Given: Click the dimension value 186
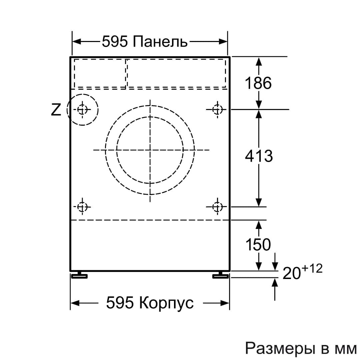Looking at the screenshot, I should [x=258, y=83].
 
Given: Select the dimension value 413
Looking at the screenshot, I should [x=259, y=156].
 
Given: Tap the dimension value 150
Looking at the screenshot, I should [x=258, y=245].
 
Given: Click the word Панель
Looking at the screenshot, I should [x=160, y=42].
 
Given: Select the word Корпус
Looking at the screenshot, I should [x=166, y=303].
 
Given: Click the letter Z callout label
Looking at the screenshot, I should [x=56, y=110].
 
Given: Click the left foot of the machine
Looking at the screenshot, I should [x=79, y=275].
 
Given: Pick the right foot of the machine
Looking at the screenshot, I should [x=220, y=275].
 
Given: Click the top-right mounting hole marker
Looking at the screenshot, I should [x=217, y=109].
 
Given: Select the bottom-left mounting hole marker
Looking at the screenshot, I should [x=82, y=207].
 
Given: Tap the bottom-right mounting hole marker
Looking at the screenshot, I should [x=217, y=207].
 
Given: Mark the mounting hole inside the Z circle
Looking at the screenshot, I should [x=82, y=109].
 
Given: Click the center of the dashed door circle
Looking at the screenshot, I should [x=150, y=150].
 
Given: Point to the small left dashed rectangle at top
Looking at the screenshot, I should [x=100, y=73].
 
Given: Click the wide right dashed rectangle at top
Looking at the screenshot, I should [x=176, y=73].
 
